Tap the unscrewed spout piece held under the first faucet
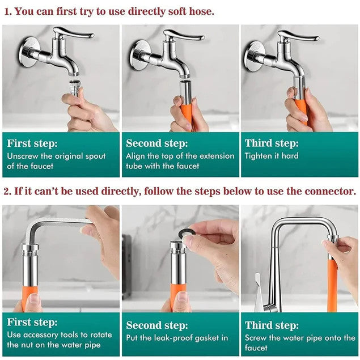click(74, 87)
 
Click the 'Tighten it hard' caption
click(272, 156)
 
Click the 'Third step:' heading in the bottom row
click(272, 325)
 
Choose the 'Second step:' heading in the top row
click(157, 143)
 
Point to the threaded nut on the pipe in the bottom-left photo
click(30, 251)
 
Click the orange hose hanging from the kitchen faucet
click(332, 285)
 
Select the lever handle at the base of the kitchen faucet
click(259, 292)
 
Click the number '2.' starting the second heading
click(7, 191)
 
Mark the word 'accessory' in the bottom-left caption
click(41, 335)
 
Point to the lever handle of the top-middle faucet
click(184, 35)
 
